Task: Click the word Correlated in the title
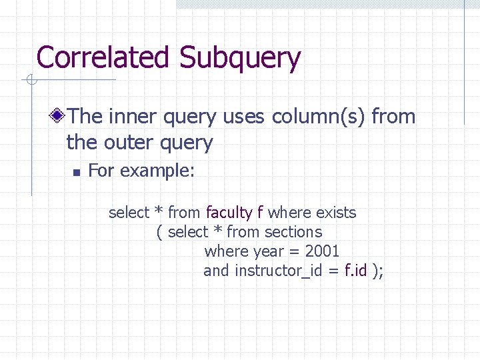coord(104,57)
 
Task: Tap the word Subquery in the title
coord(239,59)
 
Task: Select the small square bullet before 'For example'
coord(77,172)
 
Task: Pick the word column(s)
coord(319,117)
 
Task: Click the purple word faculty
coord(229,213)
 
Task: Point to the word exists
coord(336,213)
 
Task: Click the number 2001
coord(322,251)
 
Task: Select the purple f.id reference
coord(355,271)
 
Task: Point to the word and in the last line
coord(217,271)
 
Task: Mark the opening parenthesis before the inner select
coord(159,233)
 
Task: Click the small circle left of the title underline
coord(30,81)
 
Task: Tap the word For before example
coord(101,171)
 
